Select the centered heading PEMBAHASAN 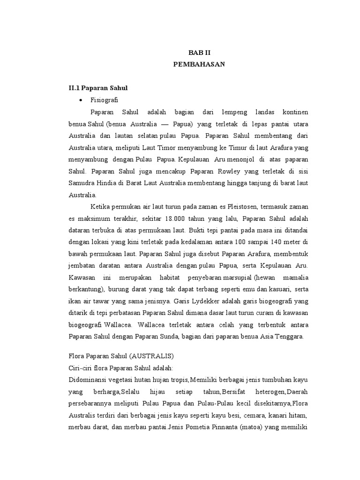click(199, 65)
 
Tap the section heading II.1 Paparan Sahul click(98, 88)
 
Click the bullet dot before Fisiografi click(82, 100)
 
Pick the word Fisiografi click(105, 100)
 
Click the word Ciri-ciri click(80, 367)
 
